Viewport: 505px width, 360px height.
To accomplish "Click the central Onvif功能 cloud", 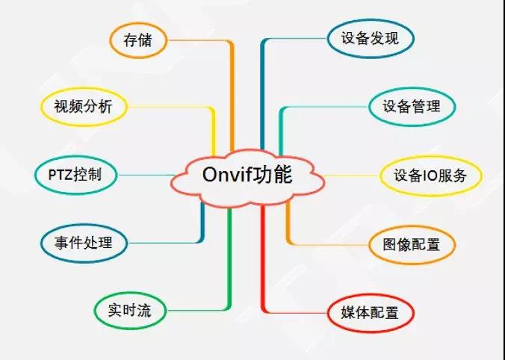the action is (247, 178).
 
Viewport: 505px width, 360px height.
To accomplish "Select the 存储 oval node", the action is (138, 40).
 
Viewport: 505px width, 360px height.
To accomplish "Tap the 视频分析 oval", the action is (84, 107).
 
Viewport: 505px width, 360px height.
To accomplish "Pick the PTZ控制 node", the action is (75, 176).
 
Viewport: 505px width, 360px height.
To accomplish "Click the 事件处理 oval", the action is (84, 243).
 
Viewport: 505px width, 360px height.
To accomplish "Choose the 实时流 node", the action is (130, 311).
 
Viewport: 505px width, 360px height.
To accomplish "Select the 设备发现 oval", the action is (371, 39).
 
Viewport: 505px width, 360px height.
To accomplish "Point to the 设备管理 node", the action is (412, 107).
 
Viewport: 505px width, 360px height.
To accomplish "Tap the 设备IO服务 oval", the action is (431, 176).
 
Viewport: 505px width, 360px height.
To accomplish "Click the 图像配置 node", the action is (412, 245).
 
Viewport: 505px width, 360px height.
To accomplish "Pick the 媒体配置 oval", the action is (371, 313).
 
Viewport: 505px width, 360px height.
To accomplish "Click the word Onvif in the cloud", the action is (226, 175).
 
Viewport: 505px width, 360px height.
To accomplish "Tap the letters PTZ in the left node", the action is (61, 175).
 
